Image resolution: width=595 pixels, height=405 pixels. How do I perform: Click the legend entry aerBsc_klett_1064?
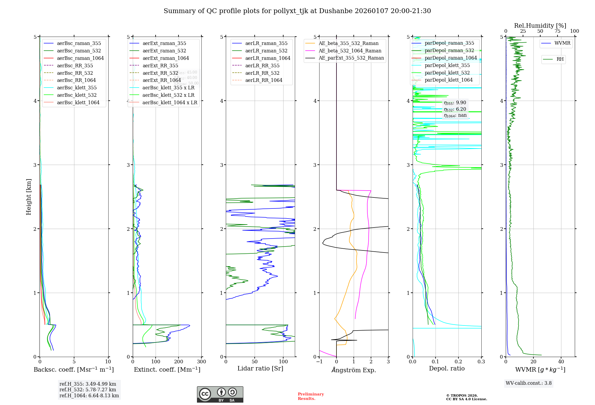coord(78,102)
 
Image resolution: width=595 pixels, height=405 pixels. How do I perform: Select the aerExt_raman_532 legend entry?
coord(164,51)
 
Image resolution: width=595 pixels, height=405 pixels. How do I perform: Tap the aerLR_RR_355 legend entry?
coord(262,66)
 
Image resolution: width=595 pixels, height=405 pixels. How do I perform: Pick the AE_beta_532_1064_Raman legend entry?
coord(350,51)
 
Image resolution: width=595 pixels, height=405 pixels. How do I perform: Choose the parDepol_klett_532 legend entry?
coord(447,73)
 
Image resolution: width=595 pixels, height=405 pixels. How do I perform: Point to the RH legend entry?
coord(560,59)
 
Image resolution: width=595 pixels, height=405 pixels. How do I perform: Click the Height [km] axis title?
coord(29,197)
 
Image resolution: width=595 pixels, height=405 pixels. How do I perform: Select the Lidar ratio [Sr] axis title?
coord(260,368)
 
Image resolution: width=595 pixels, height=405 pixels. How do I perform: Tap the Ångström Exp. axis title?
coord(354,370)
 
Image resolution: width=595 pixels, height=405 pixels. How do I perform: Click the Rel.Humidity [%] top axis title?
coord(540,26)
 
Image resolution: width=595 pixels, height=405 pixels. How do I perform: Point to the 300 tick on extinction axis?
coord(201,362)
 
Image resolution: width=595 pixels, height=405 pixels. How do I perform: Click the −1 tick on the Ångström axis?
coord(319,362)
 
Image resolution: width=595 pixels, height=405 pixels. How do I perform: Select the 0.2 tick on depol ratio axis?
coord(458,362)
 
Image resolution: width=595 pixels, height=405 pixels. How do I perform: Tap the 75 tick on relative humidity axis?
coord(557,31)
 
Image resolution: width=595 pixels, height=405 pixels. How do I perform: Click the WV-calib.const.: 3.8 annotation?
coord(529,383)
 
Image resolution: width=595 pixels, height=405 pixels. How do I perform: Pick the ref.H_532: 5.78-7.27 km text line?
coord(88,390)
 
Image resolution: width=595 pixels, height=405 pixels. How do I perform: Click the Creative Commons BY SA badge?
coord(220,394)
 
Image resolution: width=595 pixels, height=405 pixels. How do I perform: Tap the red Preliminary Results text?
coord(311,396)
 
